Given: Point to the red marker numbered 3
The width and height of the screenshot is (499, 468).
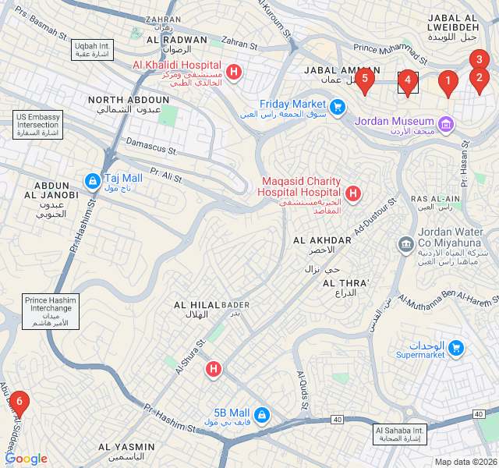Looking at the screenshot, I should tap(480, 59).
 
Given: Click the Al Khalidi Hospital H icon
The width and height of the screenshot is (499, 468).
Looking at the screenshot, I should tap(233, 72).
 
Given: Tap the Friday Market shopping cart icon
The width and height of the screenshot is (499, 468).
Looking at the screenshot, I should tap(337, 105).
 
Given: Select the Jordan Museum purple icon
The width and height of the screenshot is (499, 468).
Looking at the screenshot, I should tap(445, 122).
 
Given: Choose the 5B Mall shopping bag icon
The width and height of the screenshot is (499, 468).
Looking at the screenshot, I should tap(261, 413).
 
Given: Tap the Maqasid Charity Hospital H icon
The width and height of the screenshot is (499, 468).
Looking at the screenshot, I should tap(352, 193).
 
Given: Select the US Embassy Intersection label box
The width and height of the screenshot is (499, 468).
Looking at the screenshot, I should tap(38, 125).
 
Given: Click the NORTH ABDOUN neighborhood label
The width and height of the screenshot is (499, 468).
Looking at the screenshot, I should tap(129, 105).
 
